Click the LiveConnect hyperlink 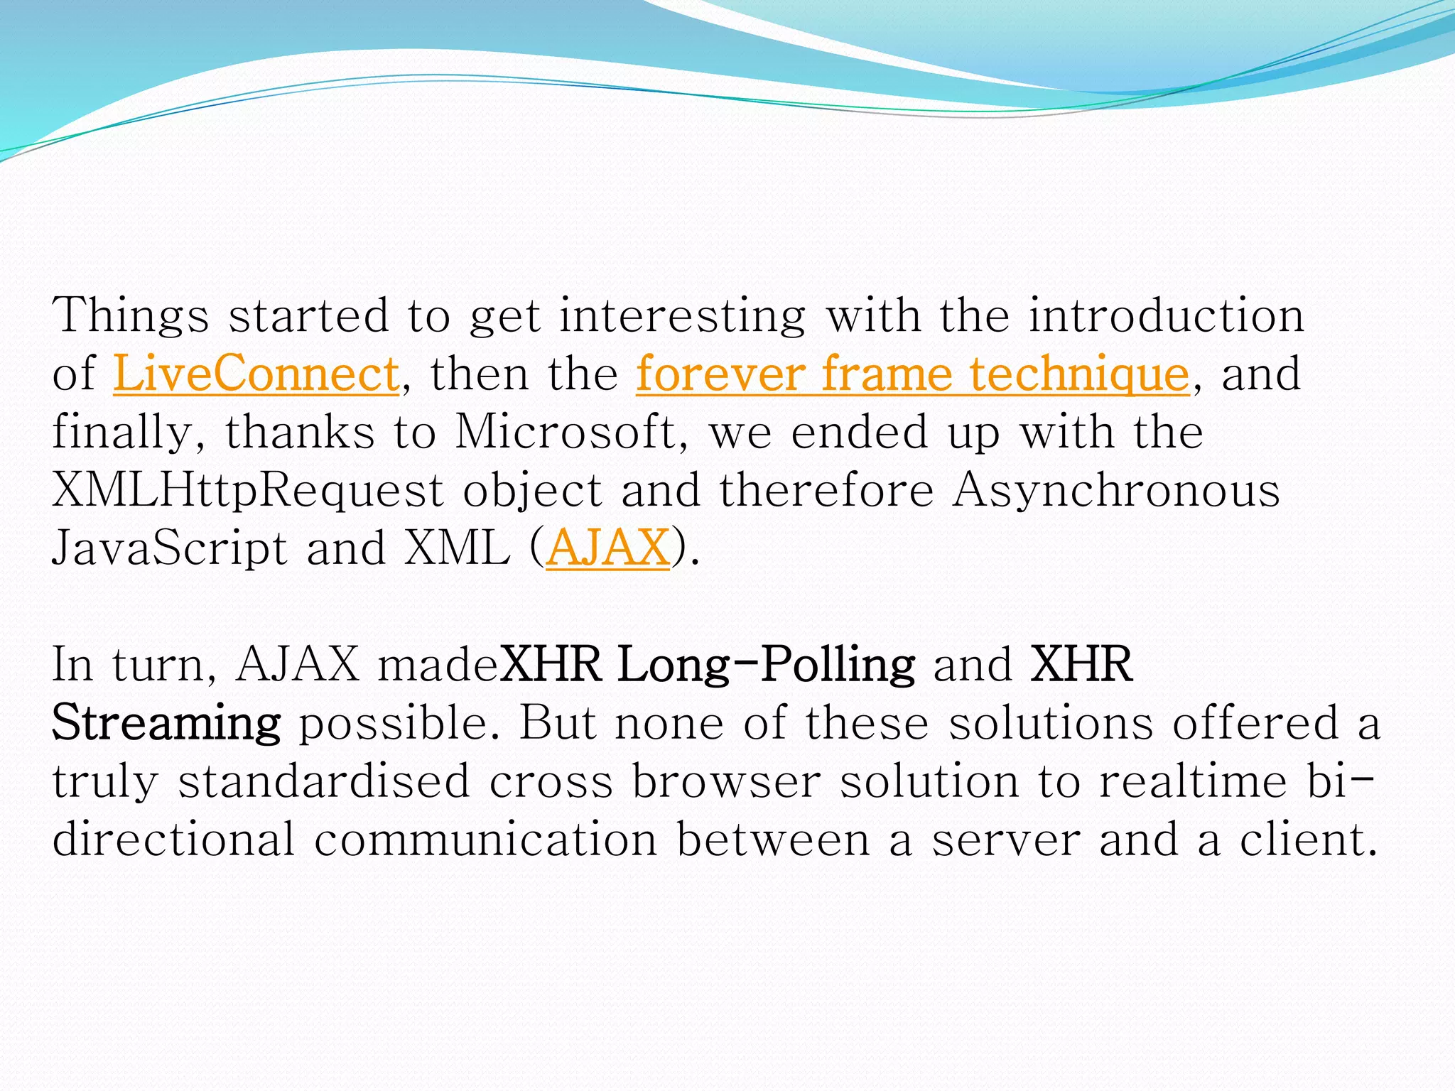pos(256,374)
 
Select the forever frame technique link pos(912,374)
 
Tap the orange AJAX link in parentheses pos(608,548)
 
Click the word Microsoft pos(566,432)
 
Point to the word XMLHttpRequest pos(248,490)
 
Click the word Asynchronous pos(1116,490)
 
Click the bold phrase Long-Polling pos(766,665)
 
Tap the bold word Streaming pos(166,723)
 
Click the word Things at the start pos(131,315)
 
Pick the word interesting pos(682,315)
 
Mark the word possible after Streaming pos(398,723)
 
